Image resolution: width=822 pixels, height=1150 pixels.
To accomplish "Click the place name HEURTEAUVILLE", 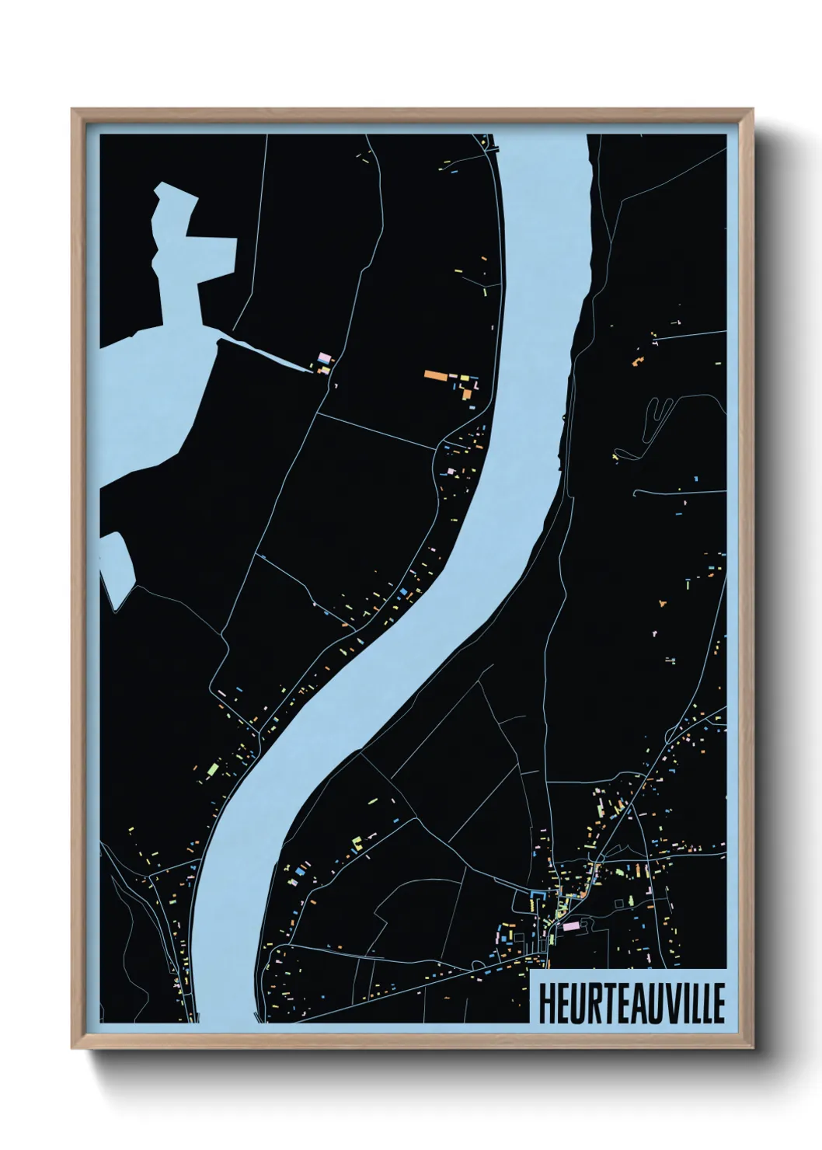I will click(x=630, y=1004).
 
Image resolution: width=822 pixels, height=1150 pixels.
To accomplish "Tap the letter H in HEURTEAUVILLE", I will click(x=545, y=1004).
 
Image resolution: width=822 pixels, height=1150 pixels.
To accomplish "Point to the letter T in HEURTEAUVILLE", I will click(x=601, y=1004).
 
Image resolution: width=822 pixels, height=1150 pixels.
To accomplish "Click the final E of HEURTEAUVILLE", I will click(x=717, y=1004).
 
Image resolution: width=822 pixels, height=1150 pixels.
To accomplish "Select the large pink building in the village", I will click(x=571, y=926).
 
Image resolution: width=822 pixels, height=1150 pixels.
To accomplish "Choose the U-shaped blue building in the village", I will click(x=535, y=901).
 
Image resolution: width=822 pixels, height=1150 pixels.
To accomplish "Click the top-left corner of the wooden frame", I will click(x=73, y=110).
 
